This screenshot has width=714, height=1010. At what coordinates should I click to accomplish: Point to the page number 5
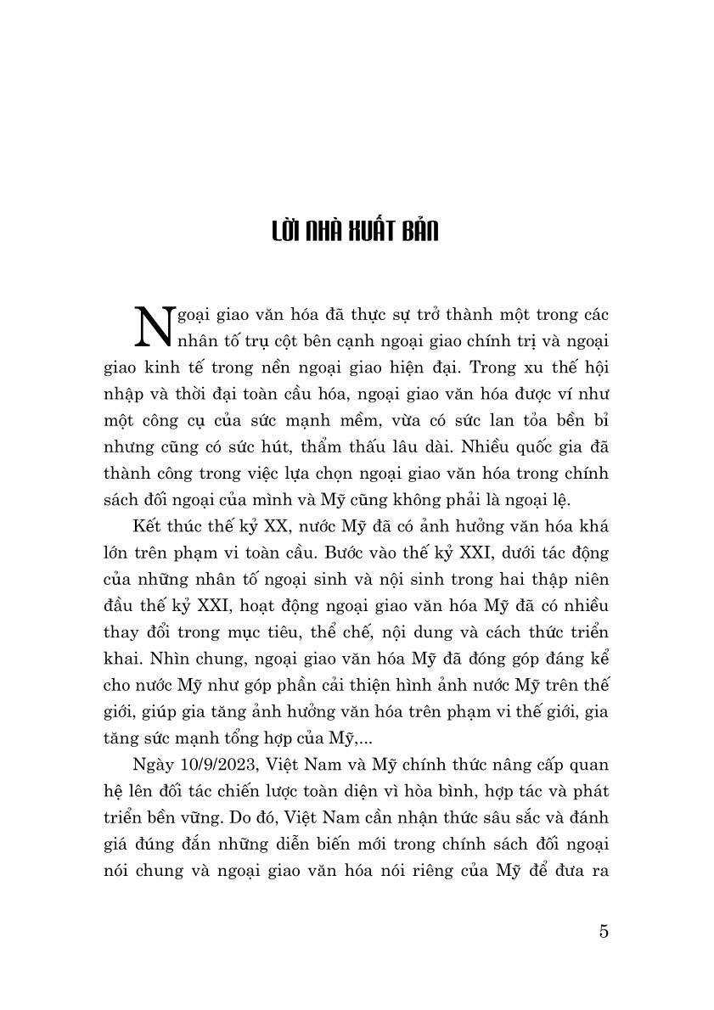point(604,930)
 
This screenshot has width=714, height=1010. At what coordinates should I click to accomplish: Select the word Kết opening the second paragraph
point(138,525)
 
